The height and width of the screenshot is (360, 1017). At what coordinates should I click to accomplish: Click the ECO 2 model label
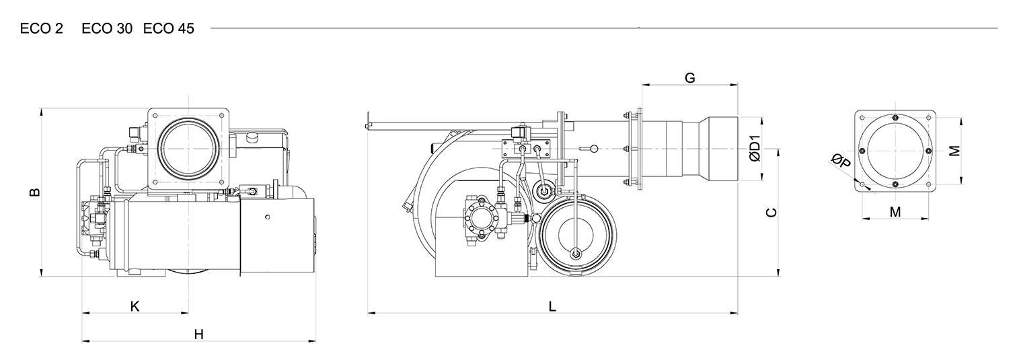(x=41, y=29)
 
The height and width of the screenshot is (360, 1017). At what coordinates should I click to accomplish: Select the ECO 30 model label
(x=107, y=29)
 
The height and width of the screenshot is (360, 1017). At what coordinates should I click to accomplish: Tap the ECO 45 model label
(x=169, y=29)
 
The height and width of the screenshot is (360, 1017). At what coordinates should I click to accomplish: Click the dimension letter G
(x=689, y=78)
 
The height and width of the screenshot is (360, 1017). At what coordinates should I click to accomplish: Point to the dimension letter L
(x=552, y=306)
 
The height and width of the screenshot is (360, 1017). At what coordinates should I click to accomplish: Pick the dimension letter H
(x=199, y=334)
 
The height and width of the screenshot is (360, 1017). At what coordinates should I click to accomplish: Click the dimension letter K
(x=135, y=306)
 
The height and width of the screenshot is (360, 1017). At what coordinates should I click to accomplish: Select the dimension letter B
(x=35, y=192)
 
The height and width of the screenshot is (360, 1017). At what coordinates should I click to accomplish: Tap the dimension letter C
(x=771, y=212)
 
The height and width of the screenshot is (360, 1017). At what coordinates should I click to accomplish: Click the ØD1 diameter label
(x=755, y=149)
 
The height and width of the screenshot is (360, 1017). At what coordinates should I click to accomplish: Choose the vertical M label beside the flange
(x=955, y=151)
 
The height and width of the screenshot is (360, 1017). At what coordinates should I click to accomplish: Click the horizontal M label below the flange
(x=895, y=212)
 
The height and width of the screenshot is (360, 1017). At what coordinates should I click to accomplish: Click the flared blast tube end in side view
(x=718, y=149)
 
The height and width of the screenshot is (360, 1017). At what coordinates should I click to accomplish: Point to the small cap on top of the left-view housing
(x=251, y=137)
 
